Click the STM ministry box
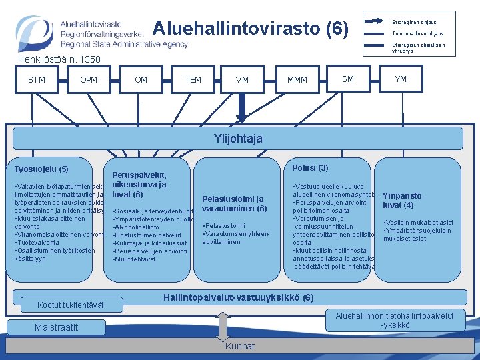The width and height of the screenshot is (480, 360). pos(37,80)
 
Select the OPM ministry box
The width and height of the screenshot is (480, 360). pos(89,80)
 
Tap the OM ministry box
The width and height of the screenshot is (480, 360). pos(141,80)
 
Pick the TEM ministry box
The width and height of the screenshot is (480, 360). pos(193,80)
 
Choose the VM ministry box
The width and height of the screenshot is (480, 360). pos(243,80)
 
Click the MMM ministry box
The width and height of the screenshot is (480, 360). pos(297,80)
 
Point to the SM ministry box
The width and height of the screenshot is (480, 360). pos(348,79)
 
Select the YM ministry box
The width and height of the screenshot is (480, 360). pos(401,79)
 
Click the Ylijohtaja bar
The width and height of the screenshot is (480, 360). pos(239,139)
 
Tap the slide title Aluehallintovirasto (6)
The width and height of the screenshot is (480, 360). pos(251,29)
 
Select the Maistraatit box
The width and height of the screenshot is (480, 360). pos(57,327)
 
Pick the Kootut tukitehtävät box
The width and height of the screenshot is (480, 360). pos(71,305)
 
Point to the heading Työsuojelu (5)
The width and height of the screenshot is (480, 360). pos(41,169)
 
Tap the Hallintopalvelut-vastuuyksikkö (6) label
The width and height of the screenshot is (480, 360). pos(239,297)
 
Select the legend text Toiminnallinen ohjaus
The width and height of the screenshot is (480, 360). pos(417,33)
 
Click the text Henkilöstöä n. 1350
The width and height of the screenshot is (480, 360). pos(59,59)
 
